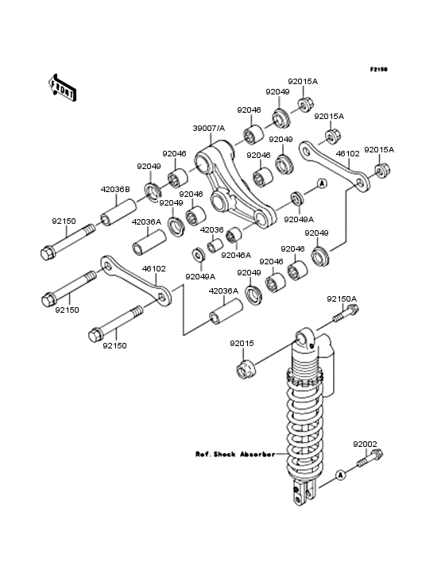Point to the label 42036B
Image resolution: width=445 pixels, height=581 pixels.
point(115,189)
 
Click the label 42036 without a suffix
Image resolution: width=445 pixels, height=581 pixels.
point(211,229)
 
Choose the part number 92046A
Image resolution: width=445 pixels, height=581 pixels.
point(236,255)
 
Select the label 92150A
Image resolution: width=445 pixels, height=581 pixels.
point(342,299)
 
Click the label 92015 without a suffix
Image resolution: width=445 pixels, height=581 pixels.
point(242,343)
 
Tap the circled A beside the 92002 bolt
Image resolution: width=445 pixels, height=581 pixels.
point(340,475)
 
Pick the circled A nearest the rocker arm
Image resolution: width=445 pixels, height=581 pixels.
point(322,183)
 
